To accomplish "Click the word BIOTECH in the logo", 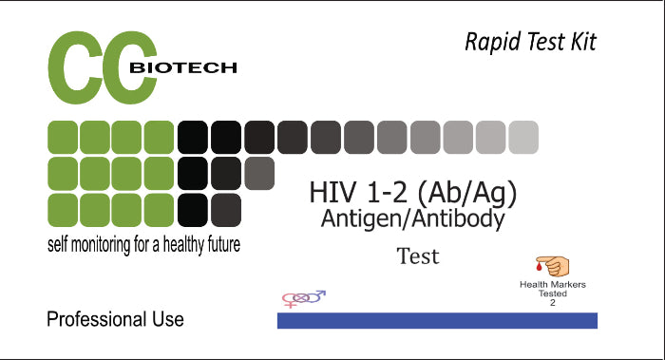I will click(182, 68).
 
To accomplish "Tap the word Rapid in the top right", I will click(488, 42).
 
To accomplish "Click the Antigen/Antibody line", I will click(412, 218).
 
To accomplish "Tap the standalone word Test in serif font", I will click(418, 256).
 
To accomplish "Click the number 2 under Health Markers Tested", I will click(552, 303).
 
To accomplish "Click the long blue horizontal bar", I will click(437, 320).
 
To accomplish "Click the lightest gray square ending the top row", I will click(522, 138).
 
